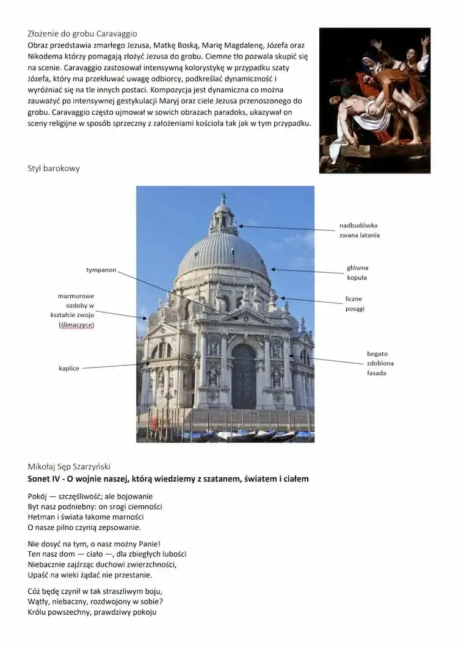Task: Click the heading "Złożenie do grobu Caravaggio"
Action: pyautogui.click(x=82, y=34)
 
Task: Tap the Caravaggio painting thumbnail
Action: pyautogui.click(x=374, y=100)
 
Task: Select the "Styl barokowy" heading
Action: pyautogui.click(x=54, y=168)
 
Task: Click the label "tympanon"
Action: pyautogui.click(x=101, y=270)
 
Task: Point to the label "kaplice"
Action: pyautogui.click(x=69, y=368)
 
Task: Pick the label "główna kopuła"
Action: pyautogui.click(x=357, y=272)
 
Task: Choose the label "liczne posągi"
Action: pyautogui.click(x=354, y=303)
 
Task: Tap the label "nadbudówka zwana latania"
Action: pyautogui.click(x=359, y=230)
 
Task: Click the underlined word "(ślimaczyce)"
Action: pyautogui.click(x=76, y=325)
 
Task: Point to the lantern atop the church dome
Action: pyautogui.click(x=224, y=217)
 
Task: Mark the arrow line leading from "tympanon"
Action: pyautogui.click(x=177, y=295)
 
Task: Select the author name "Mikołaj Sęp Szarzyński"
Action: pyautogui.click(x=69, y=467)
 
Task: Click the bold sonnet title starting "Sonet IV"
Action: pyautogui.click(x=168, y=479)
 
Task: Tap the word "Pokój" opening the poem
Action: pyautogui.click(x=38, y=496)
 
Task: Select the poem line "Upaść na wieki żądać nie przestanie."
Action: pyautogui.click(x=90, y=574)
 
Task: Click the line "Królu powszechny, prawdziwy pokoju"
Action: pyautogui.click(x=92, y=612)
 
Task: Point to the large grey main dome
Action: pyautogui.click(x=223, y=253)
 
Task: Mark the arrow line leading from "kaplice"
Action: pyautogui.click(x=116, y=366)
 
